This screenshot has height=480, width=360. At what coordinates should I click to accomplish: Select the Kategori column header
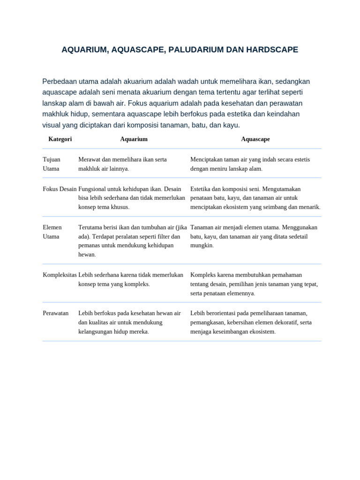click(60, 139)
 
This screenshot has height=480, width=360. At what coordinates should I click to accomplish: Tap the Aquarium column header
click(134, 139)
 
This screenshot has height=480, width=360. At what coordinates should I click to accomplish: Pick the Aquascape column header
click(255, 139)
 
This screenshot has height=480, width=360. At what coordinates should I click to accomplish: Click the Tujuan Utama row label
click(52, 164)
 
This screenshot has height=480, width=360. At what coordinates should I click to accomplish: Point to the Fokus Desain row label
click(60, 189)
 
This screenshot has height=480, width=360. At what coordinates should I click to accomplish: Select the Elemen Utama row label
click(52, 232)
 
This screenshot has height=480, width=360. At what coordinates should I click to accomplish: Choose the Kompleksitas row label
click(60, 275)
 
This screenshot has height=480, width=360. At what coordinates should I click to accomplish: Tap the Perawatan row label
click(56, 313)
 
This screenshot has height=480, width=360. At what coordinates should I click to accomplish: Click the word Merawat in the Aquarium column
click(89, 159)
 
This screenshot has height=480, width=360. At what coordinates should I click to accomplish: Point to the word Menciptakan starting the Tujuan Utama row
click(206, 159)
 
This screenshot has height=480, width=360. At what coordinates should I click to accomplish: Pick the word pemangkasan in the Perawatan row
click(209, 322)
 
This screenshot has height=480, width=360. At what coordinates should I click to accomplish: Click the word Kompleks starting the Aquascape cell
click(203, 275)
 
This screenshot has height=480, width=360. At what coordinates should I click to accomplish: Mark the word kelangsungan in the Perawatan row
click(96, 332)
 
